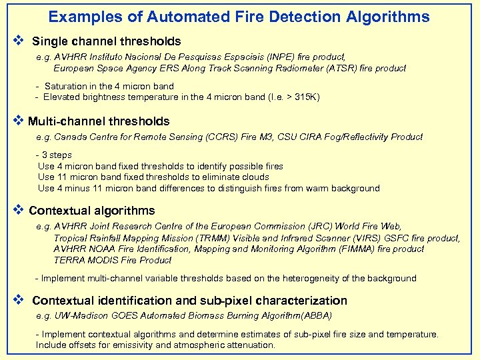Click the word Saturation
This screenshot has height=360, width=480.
click(66, 86)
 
